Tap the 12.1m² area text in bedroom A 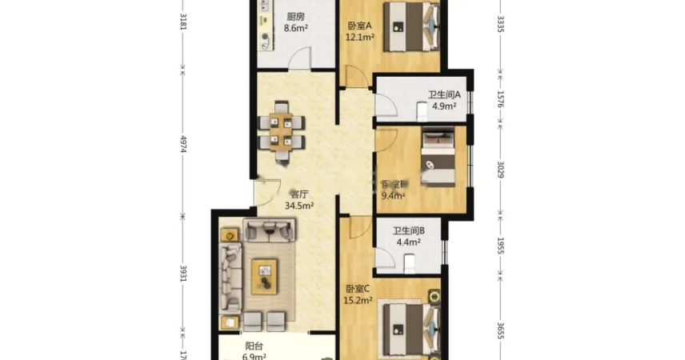pyautogui.click(x=360, y=36)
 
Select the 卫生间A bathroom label pyautogui.click(x=442, y=93)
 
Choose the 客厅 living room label pyautogui.click(x=299, y=194)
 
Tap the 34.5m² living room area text pyautogui.click(x=299, y=206)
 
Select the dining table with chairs pyautogui.click(x=281, y=133)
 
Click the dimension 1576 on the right pyautogui.click(x=502, y=99)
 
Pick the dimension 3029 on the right pyautogui.click(x=502, y=171)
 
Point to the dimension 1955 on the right pyautogui.click(x=502, y=246)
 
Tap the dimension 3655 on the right pyautogui.click(x=502, y=330)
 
